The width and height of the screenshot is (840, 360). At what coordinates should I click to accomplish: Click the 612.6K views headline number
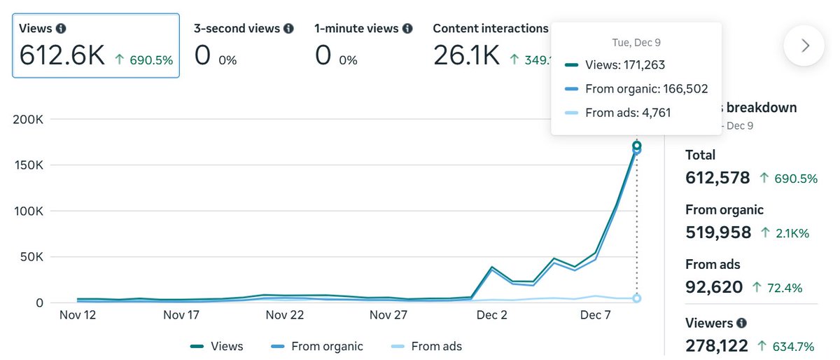tap(62, 55)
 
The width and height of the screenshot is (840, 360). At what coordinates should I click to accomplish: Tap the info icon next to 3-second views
tap(287, 29)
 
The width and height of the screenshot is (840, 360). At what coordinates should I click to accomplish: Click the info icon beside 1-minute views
tap(407, 29)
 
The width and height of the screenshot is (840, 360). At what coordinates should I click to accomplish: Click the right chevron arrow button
tap(804, 46)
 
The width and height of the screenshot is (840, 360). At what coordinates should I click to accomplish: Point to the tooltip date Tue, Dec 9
tap(636, 43)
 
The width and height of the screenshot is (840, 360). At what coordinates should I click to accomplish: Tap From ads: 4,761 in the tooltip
tap(619, 112)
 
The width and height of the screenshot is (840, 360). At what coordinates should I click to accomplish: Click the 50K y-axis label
tap(31, 257)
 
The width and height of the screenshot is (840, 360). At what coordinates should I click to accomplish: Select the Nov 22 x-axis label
tap(285, 315)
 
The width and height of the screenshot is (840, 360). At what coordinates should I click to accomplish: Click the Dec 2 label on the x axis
tap(491, 315)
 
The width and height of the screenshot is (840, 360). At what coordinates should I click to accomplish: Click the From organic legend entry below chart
tap(316, 346)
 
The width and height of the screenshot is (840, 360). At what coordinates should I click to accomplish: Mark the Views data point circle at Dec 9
tap(636, 146)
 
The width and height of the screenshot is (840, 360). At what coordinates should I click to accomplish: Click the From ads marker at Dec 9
tap(636, 298)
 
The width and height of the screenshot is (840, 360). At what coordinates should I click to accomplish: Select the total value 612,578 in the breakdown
tap(717, 178)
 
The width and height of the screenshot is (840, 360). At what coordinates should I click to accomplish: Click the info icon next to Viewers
tap(741, 324)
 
